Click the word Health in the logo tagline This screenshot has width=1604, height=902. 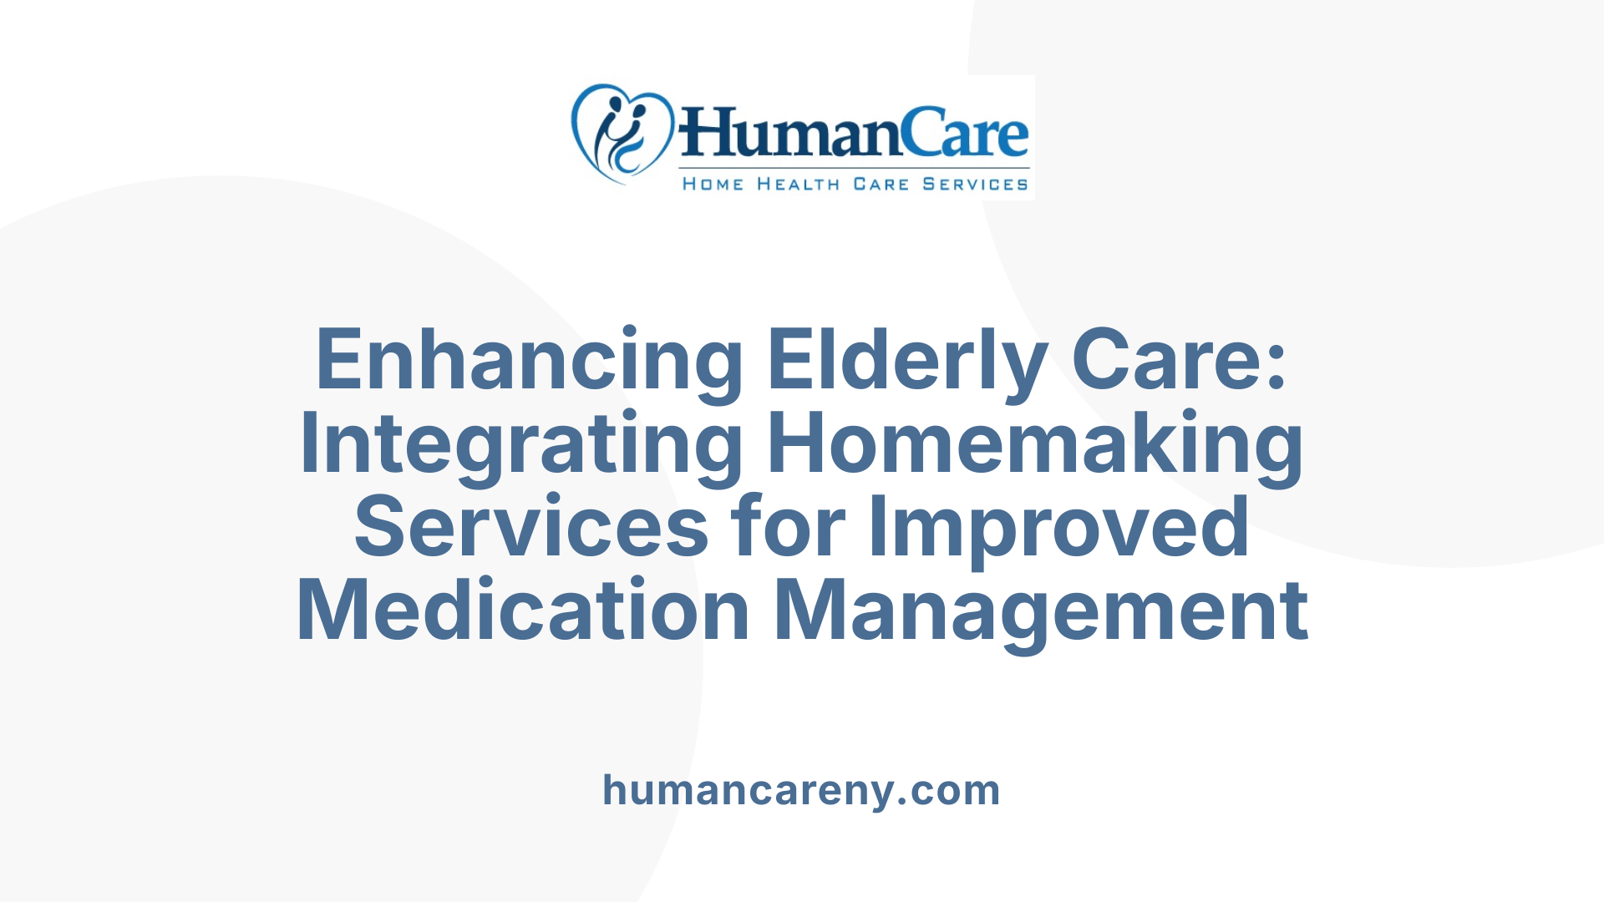click(799, 184)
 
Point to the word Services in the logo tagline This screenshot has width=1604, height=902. click(975, 184)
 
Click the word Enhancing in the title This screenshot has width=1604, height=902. click(529, 360)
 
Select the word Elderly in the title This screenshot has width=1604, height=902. click(907, 360)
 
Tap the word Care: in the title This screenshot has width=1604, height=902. click(1179, 360)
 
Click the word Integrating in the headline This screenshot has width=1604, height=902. click(520, 443)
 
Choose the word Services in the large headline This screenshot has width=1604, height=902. click(531, 527)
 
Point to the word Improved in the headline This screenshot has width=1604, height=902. click(1059, 527)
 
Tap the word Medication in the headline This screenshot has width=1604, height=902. click(523, 611)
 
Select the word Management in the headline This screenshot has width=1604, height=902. click(1041, 611)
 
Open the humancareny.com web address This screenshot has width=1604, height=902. click(801, 790)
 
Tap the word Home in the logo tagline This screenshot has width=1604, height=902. click(713, 184)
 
